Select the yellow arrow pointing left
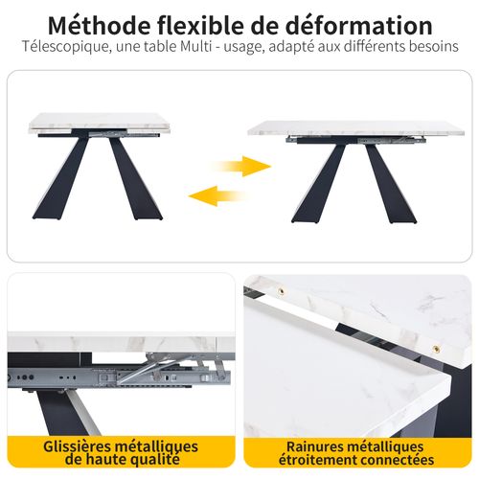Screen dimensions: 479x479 [x=217, y=195]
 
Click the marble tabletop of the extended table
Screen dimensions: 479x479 [x=354, y=127]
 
